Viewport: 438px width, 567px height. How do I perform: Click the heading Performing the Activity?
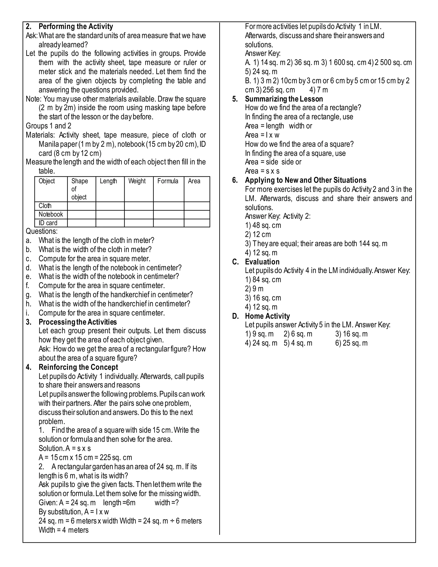[75, 27]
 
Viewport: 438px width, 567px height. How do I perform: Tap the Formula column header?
[168, 181]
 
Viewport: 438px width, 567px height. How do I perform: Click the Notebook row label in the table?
[51, 214]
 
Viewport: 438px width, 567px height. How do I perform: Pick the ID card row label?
[48, 223]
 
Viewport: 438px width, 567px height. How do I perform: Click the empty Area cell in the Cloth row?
[197, 206]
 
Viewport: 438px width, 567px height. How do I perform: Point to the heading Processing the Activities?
[78, 322]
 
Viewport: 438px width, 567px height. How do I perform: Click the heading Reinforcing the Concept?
[78, 367]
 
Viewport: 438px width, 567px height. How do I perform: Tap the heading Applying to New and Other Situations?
[306, 180]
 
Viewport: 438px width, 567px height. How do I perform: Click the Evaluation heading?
[262, 262]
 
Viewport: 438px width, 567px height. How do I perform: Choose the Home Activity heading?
[267, 316]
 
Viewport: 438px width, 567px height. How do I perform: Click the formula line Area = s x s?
[262, 171]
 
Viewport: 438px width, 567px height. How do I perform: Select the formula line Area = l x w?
[262, 135]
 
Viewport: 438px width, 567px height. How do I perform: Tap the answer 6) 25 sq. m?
[351, 343]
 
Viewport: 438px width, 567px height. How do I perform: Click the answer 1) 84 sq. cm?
[263, 280]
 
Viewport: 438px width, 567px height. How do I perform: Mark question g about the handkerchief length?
[115, 295]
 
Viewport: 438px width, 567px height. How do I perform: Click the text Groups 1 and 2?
[49, 126]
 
